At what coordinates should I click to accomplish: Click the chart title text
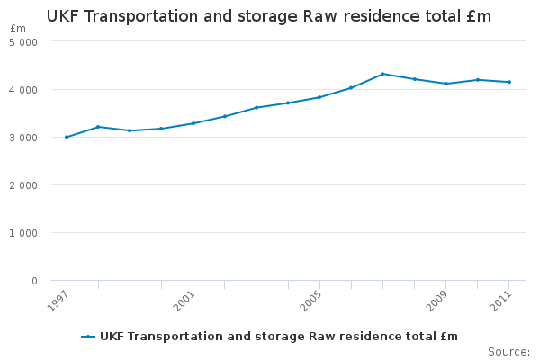(x=269, y=16)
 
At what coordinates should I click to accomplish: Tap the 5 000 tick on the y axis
(x=23, y=42)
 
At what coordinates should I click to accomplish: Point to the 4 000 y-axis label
(x=23, y=90)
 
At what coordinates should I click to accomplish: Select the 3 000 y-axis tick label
(x=23, y=138)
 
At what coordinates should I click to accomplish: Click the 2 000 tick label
(x=23, y=185)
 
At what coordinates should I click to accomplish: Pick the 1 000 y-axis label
(x=23, y=233)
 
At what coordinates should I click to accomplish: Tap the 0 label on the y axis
(x=33, y=281)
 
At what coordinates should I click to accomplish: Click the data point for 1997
(x=67, y=137)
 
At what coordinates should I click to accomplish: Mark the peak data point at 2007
(x=382, y=74)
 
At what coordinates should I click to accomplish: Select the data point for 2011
(x=509, y=82)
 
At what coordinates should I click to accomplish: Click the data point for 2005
(x=319, y=97)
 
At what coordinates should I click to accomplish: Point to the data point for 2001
(x=193, y=123)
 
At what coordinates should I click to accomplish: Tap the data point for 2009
(x=446, y=84)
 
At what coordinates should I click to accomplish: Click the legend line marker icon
(x=88, y=337)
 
